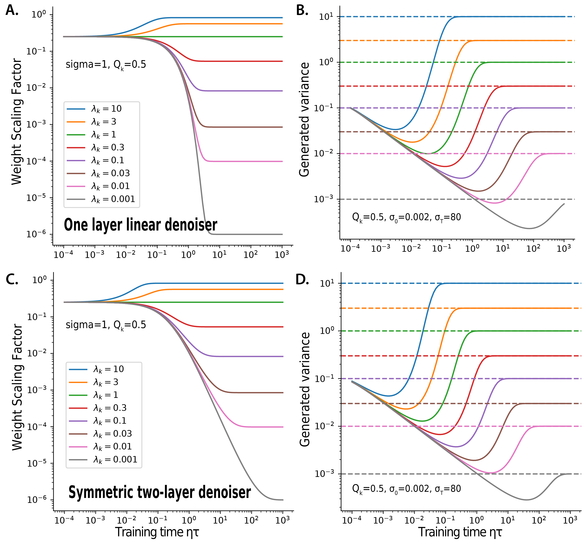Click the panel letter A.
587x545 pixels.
point(12,10)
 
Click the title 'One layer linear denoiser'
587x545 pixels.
point(140,225)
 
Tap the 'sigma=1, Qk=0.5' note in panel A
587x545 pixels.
point(106,65)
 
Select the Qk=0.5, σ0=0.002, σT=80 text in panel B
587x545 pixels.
point(406,217)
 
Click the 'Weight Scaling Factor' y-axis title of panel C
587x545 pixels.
point(17,388)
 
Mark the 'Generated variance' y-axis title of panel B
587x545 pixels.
point(304,119)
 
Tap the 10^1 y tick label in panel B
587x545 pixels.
point(326,17)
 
